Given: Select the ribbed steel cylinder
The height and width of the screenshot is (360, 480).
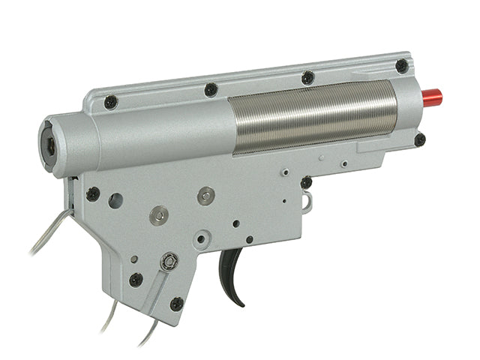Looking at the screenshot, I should tap(312, 117).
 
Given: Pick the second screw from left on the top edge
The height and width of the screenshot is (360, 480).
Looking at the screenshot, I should tap(211, 89).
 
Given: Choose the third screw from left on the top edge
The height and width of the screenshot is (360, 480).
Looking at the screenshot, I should tap(307, 77).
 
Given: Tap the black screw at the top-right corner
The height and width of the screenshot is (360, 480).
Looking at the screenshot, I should tap(402, 66).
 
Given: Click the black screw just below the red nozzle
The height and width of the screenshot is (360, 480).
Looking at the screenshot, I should tap(420, 139).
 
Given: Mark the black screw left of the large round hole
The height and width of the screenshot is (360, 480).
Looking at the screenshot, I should tap(93, 193).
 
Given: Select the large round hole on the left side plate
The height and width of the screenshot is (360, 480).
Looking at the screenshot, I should tap(115, 200).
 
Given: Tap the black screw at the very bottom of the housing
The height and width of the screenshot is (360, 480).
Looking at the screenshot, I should tap(176, 304).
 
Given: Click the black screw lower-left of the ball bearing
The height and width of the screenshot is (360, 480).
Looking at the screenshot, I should tap(136, 280).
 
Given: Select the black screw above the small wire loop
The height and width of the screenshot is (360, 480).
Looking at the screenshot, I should tap(306, 182).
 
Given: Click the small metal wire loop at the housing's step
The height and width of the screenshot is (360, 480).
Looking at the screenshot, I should tap(307, 201).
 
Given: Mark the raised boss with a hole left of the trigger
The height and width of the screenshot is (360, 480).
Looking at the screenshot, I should tap(201, 240).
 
